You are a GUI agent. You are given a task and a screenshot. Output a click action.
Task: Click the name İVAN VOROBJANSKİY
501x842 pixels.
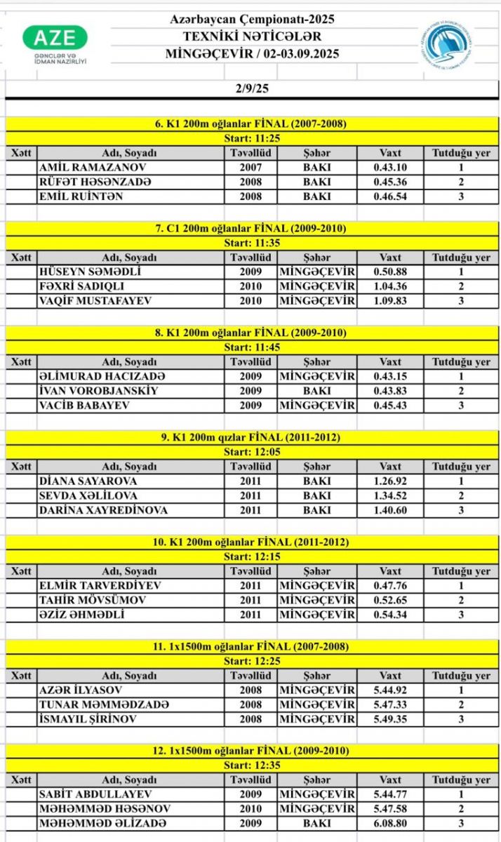98,391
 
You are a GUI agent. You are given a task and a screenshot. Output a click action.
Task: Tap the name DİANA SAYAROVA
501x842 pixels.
88,481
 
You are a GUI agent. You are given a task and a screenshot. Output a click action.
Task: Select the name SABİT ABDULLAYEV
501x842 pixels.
91,795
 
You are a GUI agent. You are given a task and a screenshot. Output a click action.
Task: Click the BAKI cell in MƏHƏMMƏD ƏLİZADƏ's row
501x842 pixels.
316,824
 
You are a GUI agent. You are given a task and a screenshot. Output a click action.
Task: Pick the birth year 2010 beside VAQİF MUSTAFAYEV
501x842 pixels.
250,300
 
